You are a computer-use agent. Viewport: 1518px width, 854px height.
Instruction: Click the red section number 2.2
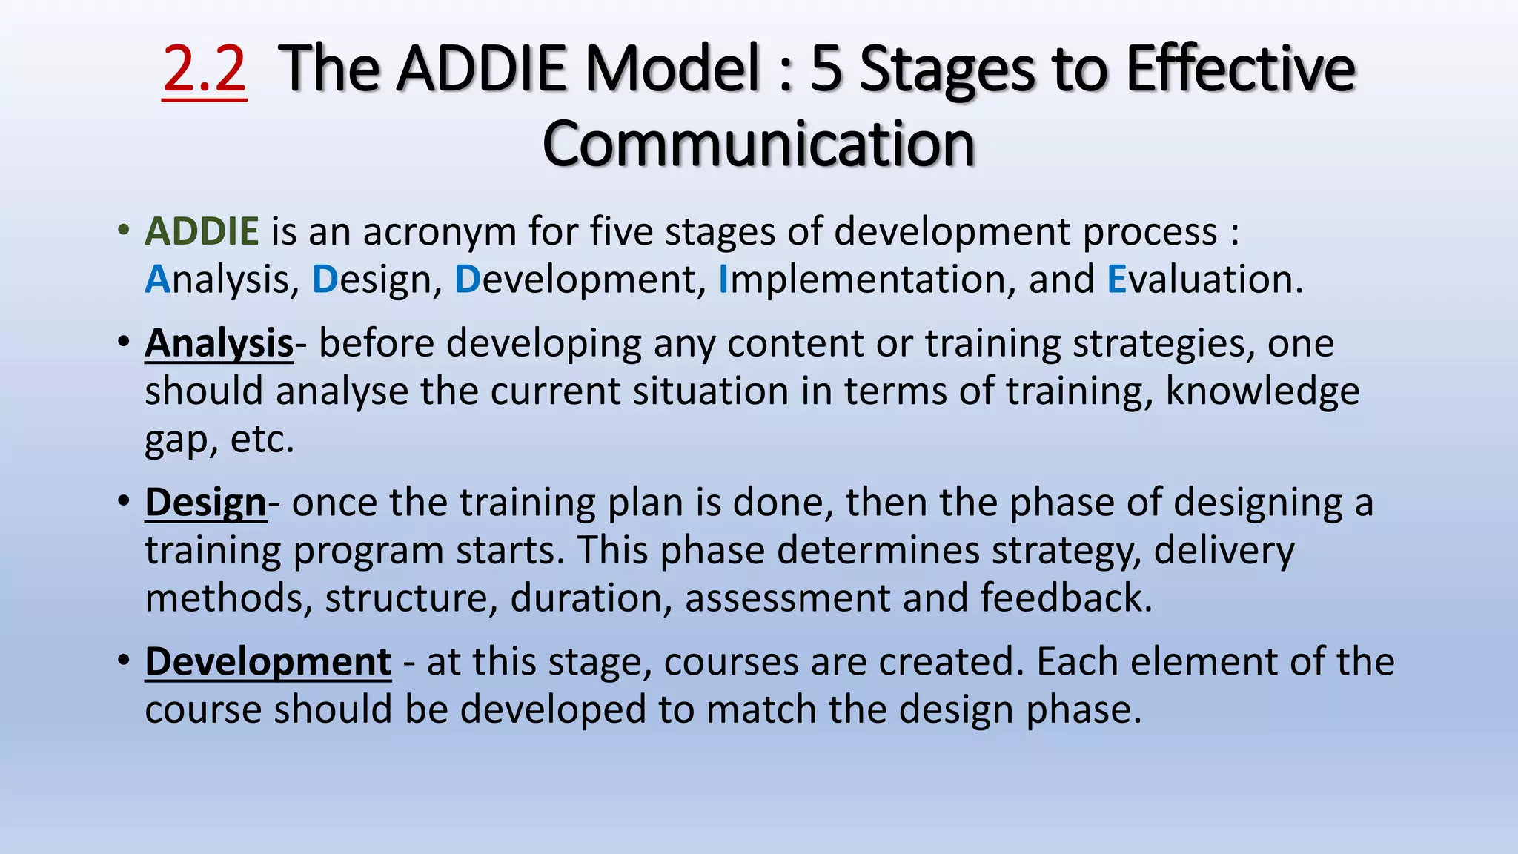[x=204, y=69]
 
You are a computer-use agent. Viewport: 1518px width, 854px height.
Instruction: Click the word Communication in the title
[x=758, y=145]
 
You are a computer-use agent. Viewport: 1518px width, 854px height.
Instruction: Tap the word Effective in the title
[x=1242, y=69]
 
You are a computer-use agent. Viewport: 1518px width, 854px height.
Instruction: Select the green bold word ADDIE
[x=202, y=231]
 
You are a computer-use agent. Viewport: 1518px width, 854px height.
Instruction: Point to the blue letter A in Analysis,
[x=157, y=279]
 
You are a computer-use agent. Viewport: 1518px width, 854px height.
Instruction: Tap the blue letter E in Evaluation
[x=1116, y=279]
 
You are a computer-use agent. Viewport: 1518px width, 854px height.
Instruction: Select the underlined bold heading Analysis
[x=219, y=344]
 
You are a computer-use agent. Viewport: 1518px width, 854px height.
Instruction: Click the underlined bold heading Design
[x=205, y=503]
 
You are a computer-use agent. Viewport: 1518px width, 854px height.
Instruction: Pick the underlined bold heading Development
[x=268, y=662]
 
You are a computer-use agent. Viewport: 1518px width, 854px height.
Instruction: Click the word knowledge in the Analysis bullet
[x=1262, y=392]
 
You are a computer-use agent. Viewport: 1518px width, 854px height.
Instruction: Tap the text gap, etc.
[x=219, y=440]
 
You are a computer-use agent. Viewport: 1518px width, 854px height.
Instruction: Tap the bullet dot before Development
[x=124, y=660]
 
